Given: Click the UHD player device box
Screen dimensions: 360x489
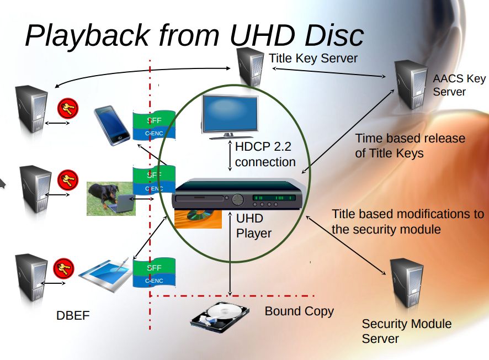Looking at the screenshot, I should coord(237,199).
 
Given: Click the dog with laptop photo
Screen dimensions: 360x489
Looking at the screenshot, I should coord(110,198).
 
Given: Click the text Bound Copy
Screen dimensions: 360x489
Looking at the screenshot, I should coord(299,311).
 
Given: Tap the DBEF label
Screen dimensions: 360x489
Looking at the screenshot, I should coord(73,316).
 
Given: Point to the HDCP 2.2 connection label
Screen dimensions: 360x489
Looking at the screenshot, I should coord(265,155).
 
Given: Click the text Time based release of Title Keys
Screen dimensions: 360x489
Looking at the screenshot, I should coord(410,145).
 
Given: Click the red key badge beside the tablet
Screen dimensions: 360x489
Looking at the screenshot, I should coord(63,269).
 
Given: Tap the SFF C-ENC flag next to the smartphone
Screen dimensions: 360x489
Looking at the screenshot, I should coord(154,126).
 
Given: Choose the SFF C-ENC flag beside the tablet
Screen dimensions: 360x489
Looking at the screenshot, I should coord(154,273).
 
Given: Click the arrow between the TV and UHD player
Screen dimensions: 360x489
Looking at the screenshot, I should coord(230,156).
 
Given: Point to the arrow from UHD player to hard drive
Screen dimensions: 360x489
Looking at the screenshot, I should coord(230,254).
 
